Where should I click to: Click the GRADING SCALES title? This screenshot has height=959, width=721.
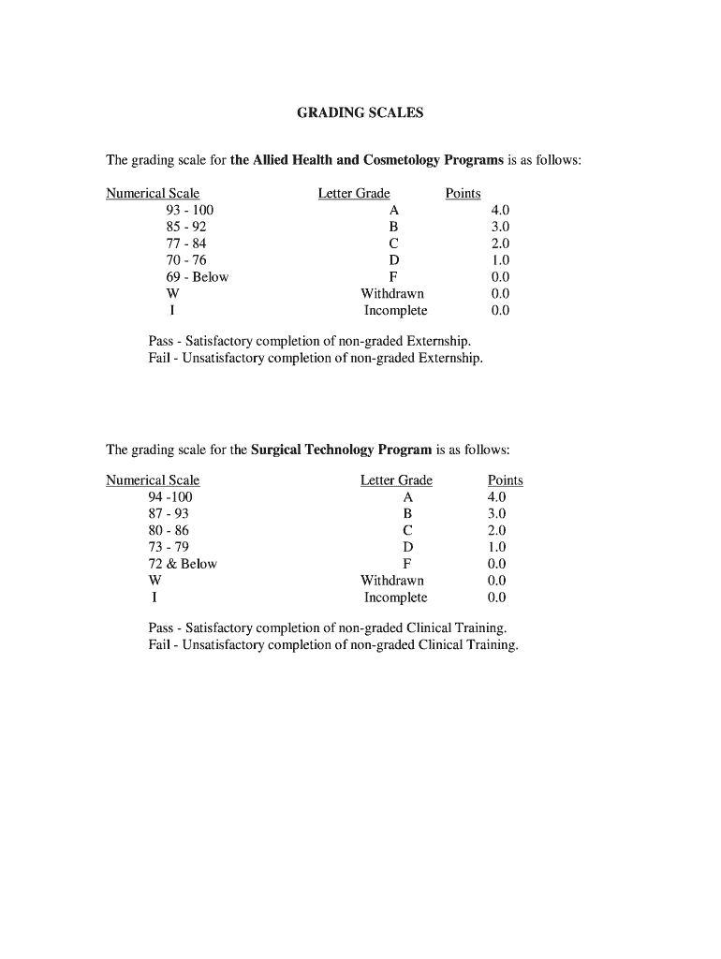point(360,112)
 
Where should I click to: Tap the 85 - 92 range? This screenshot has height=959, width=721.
point(186,228)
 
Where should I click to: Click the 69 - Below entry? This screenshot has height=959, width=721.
point(197,277)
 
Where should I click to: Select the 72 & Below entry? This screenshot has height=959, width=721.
point(183,564)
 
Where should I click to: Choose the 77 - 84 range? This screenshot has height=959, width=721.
point(186,243)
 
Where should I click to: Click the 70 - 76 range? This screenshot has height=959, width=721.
point(186,260)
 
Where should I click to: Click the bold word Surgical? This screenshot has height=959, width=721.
point(278,449)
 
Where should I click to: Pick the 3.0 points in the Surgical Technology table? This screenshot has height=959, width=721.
point(496,514)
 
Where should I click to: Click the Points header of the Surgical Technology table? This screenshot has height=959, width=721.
point(506,480)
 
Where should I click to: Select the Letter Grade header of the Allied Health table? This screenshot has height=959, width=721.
point(354,194)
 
